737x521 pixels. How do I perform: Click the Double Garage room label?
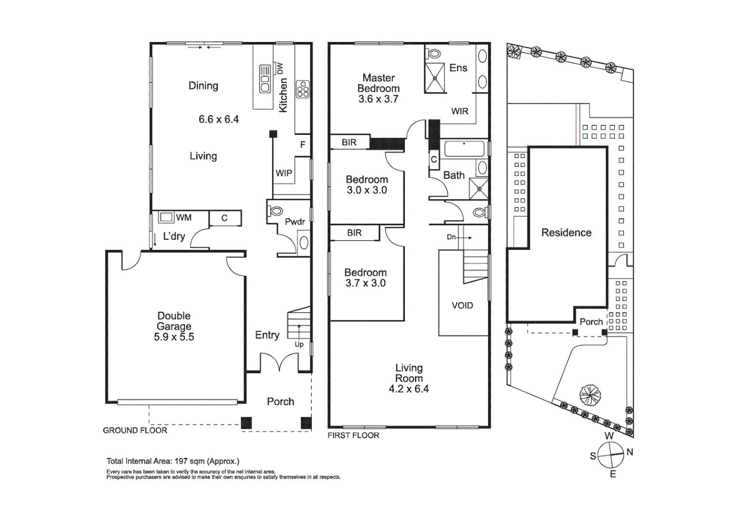174,326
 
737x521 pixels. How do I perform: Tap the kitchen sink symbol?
265,78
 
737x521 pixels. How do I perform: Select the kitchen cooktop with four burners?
303,89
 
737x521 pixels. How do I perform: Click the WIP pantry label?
284,173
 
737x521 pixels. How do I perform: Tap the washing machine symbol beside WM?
166,217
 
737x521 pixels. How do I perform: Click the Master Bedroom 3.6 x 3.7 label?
378,88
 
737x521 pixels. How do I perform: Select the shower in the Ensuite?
434,78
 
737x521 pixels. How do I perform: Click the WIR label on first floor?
459,111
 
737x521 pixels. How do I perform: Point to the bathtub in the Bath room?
464,149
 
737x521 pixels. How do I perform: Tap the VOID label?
462,305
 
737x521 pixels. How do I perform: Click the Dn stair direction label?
451,237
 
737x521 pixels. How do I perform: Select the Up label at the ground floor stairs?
299,344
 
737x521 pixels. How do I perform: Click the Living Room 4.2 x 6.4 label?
409,378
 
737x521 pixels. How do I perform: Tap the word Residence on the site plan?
566,233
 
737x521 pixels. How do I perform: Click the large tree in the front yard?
590,395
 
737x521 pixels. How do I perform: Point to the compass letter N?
630,452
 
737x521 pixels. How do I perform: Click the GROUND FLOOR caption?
135,430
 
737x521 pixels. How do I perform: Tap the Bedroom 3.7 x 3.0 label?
365,278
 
